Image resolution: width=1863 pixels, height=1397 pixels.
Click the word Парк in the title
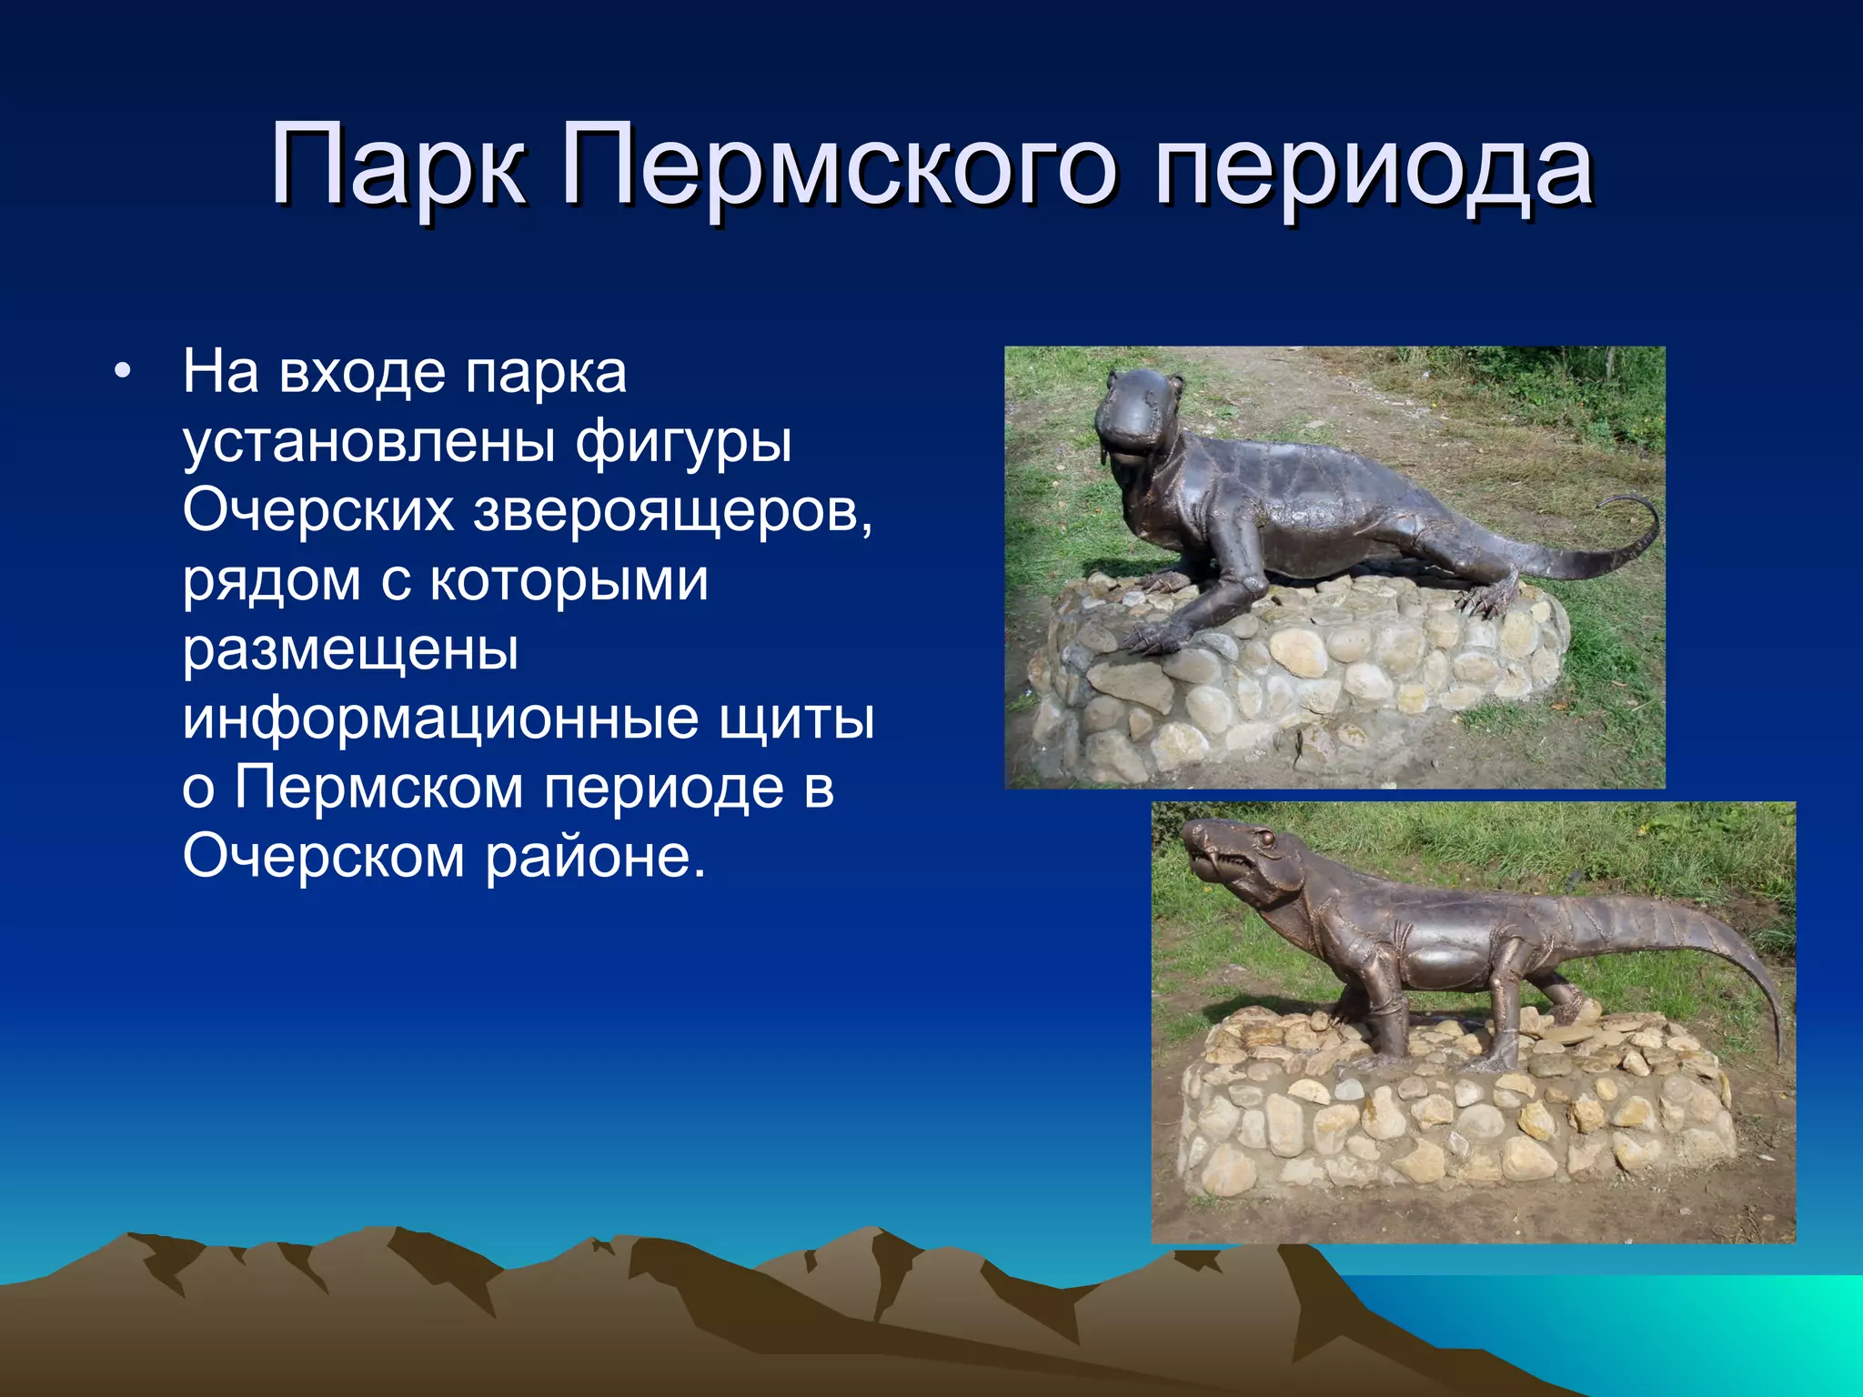(x=398, y=166)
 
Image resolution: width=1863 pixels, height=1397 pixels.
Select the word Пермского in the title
(x=838, y=166)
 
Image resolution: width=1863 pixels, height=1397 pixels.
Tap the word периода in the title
(x=1373, y=166)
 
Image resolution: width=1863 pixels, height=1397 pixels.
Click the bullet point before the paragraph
(x=123, y=373)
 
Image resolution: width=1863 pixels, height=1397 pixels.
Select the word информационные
(x=439, y=718)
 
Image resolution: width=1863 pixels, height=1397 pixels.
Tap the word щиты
(x=797, y=718)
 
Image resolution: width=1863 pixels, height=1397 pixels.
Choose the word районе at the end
(x=595, y=856)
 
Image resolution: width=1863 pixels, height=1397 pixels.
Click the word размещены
(x=350, y=648)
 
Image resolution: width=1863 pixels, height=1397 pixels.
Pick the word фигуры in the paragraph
(x=683, y=441)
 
